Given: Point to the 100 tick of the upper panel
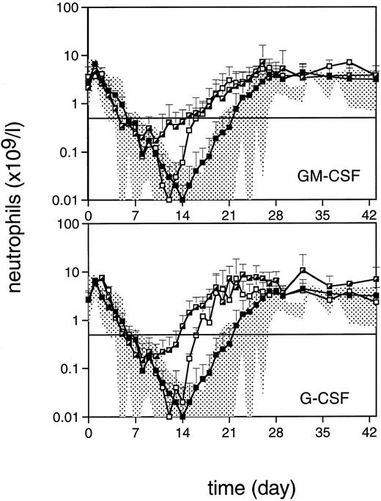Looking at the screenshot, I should (x=70, y=9).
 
